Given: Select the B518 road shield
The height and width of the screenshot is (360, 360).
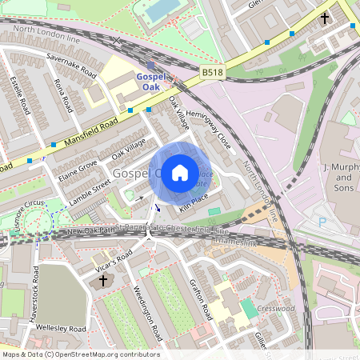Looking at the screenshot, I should pos(212,72).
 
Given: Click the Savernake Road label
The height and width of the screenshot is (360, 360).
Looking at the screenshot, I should pos(71,67).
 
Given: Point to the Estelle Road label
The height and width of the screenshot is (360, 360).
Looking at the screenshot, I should pos(15,94).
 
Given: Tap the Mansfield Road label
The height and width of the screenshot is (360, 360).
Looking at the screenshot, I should pos(91,131).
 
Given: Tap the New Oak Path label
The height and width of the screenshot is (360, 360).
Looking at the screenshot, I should pos(86,231).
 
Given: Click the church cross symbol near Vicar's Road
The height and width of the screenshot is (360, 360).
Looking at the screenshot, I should pos(102,282).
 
